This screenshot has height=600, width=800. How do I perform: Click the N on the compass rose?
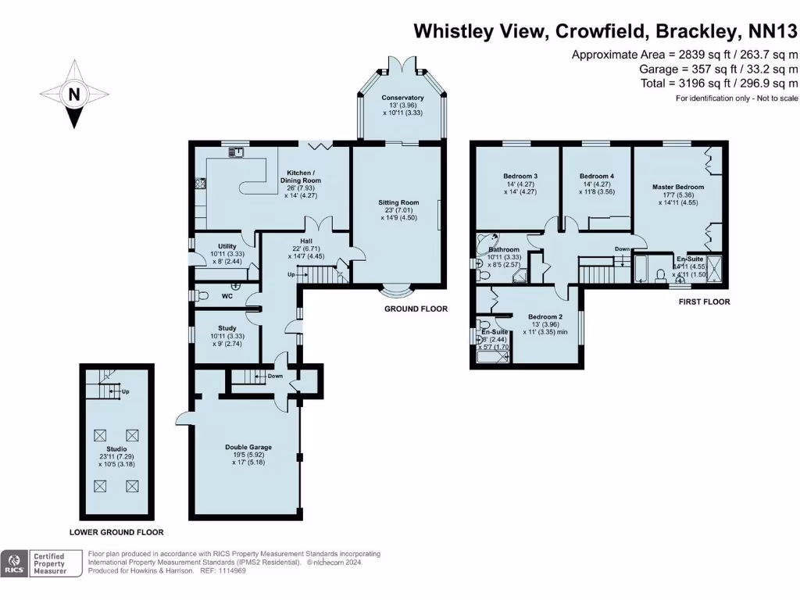[x=74, y=95]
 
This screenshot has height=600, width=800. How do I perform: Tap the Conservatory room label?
[x=402, y=98]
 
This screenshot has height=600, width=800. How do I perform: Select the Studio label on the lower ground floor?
[x=116, y=449]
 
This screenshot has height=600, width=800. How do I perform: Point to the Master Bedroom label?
[x=678, y=187]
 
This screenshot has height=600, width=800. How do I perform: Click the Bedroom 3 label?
[x=520, y=176]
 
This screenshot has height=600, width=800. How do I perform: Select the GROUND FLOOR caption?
[x=416, y=309]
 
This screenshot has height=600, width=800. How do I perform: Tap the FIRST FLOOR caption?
[x=705, y=302]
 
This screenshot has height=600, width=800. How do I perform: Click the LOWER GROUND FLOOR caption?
[x=116, y=532]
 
